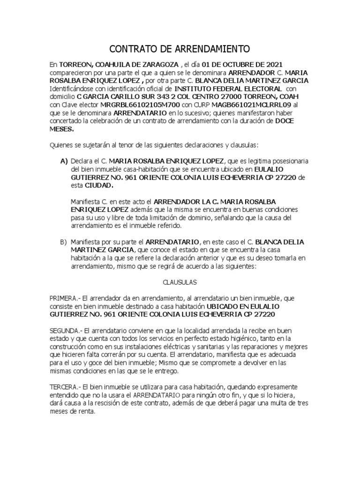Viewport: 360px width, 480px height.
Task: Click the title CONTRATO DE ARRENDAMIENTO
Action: click(x=180, y=49)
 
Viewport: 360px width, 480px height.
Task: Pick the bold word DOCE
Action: click(x=286, y=120)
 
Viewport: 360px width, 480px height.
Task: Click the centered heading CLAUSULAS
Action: click(x=180, y=283)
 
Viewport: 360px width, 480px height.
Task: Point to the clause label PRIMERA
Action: click(x=64, y=299)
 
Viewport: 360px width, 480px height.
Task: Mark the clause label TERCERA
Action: click(x=65, y=387)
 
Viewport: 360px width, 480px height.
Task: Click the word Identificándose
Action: click(x=73, y=88)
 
